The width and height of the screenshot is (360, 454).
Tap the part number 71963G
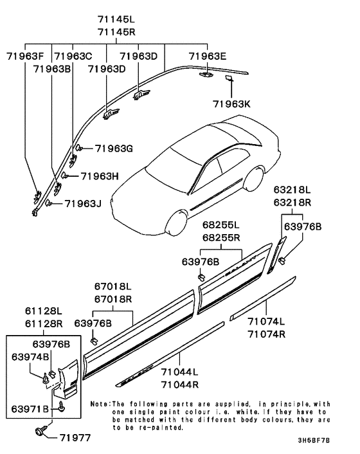pyautogui.click(x=114, y=149)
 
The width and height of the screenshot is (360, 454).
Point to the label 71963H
pyautogui.click(x=100, y=176)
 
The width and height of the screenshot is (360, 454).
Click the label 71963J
pyautogui.click(x=84, y=204)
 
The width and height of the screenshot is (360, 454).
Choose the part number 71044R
pyautogui.click(x=179, y=384)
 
